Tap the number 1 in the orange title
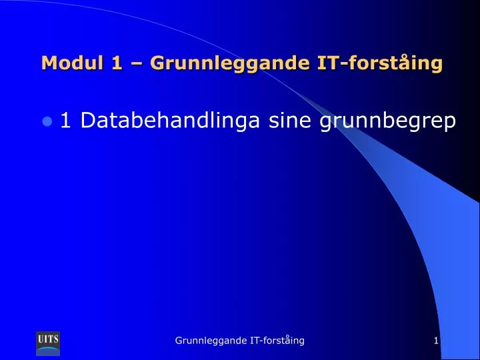(x=117, y=63)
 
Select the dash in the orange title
(x=136, y=64)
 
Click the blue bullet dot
(x=47, y=121)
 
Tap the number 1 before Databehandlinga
(x=66, y=120)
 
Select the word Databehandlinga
(x=170, y=120)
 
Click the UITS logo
(x=48, y=343)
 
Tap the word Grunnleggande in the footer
(x=211, y=341)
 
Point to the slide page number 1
(x=436, y=341)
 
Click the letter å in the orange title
(x=403, y=63)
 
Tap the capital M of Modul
(x=49, y=63)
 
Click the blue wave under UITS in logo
(x=48, y=349)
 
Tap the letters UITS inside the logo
(x=48, y=339)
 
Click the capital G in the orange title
(x=157, y=63)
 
